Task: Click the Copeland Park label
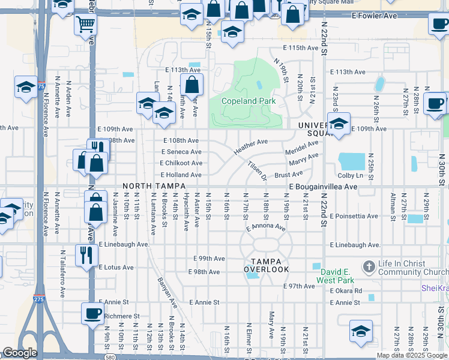[x=249, y=101]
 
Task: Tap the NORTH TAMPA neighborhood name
[x=149, y=187]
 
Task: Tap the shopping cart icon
[x=86, y=25]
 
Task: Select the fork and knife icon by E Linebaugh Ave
[x=86, y=254]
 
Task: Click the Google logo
[x=20, y=353]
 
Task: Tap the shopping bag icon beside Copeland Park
[x=191, y=86]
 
